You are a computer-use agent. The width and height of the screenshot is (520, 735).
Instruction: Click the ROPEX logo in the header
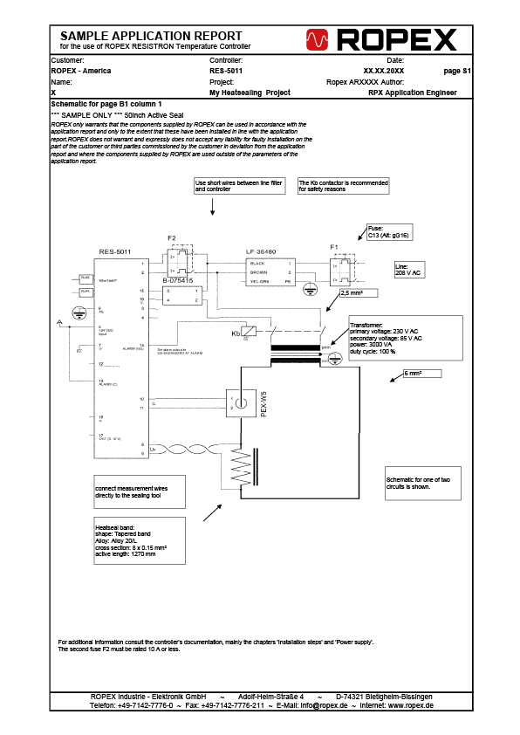pyautogui.click(x=381, y=39)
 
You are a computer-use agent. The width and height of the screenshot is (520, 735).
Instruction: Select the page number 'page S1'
pyautogui.click(x=457, y=70)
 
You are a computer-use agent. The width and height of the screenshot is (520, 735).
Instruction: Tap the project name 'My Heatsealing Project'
pyautogui.click(x=250, y=92)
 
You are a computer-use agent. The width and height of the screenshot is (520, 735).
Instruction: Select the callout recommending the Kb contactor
pyautogui.click(x=342, y=186)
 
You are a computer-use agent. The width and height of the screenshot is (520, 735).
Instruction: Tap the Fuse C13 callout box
pyautogui.click(x=391, y=232)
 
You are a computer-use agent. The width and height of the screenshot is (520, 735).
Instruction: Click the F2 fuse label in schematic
pyautogui.click(x=171, y=238)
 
